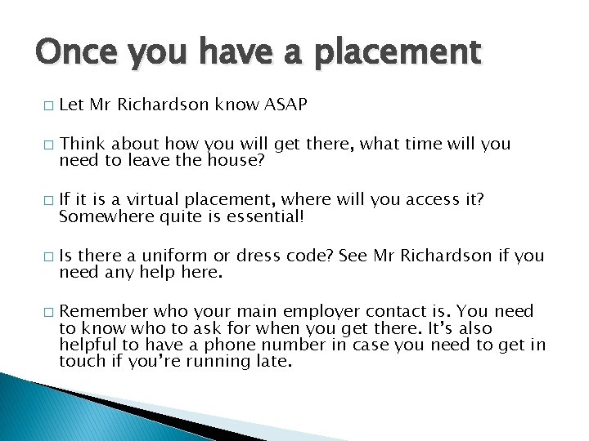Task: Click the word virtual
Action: click(154, 200)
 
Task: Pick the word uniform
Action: click(178, 256)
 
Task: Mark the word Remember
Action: click(97, 311)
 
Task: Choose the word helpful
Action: click(84, 344)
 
